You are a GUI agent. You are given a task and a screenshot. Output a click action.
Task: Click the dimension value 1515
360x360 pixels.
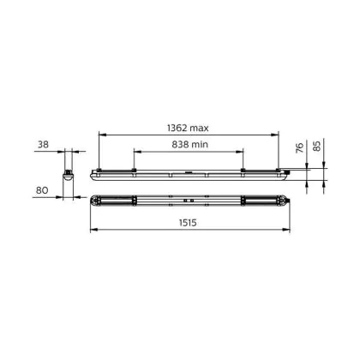point(188,223)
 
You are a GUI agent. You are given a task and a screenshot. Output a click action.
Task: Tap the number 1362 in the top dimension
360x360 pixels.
point(177,128)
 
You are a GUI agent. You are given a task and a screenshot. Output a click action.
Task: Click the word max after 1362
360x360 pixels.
point(199,129)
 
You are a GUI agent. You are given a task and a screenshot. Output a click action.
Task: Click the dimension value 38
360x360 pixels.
point(43,145)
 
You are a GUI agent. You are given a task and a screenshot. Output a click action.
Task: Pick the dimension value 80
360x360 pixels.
point(42,190)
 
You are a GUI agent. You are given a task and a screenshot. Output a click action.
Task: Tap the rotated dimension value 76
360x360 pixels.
point(299,147)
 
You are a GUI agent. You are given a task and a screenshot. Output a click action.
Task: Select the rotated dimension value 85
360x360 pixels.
point(317,145)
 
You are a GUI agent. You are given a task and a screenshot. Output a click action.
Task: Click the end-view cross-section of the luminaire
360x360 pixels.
point(69,175)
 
